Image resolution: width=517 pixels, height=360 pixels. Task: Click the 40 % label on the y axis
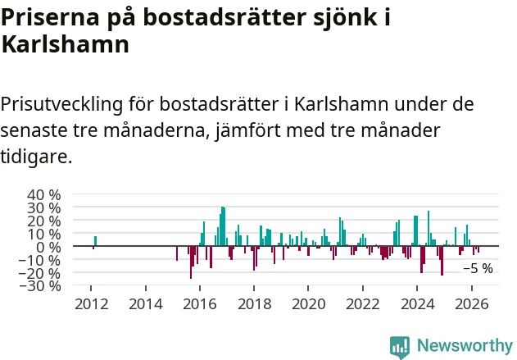point(44,195)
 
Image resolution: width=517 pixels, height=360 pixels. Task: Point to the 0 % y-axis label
point(48,247)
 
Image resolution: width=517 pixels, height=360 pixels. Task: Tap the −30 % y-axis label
point(40,285)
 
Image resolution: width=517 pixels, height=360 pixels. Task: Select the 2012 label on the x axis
point(91,304)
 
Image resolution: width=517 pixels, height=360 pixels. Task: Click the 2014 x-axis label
point(146,304)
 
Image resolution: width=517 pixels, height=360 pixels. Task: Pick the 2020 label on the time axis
point(309,304)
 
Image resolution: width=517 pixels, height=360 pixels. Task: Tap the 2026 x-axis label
point(471,304)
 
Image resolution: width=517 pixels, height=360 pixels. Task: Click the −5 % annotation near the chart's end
point(478,269)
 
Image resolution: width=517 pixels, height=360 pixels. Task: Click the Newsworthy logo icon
point(400,348)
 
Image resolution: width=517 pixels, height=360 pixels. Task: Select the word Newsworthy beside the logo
point(465,345)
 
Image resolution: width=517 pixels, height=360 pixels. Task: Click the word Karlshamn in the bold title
point(65,44)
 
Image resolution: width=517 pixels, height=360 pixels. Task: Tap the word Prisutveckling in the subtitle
point(61,105)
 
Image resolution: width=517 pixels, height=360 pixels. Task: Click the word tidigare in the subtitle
point(34,157)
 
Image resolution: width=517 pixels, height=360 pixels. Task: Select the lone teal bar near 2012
point(95,241)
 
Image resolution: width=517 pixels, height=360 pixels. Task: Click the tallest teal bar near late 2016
point(223,226)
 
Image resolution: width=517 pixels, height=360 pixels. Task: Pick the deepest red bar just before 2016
point(191,262)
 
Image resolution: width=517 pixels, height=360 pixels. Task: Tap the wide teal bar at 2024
point(415,230)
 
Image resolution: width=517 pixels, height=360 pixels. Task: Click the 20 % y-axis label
point(44,221)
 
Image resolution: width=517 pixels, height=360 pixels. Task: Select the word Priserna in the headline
point(50,17)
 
